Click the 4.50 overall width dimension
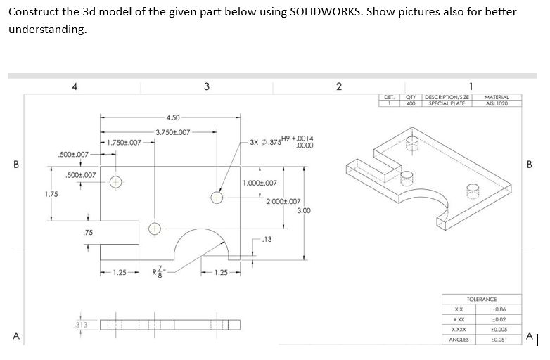(173, 117)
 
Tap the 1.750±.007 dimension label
(127, 142)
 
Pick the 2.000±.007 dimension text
(284, 201)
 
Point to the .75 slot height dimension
(87, 233)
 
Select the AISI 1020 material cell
(497, 103)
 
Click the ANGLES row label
(459, 339)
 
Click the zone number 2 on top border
(338, 86)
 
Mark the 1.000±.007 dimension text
(260, 182)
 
